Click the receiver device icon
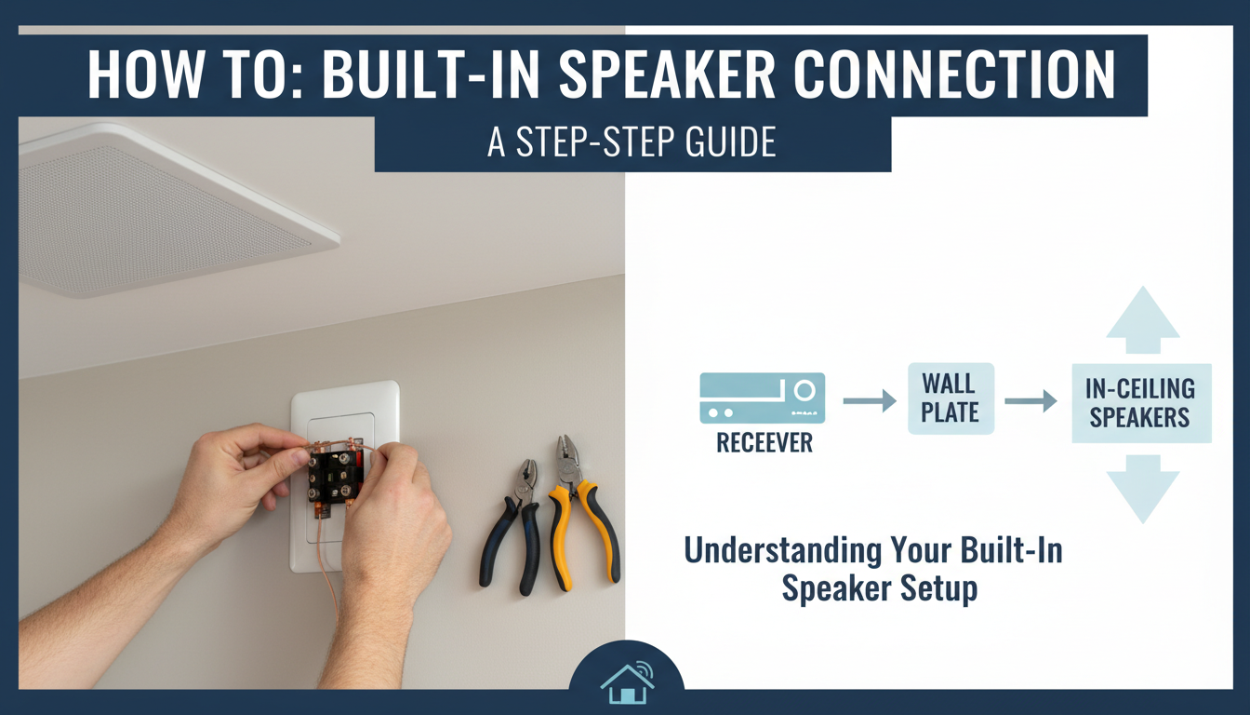(x=762, y=398)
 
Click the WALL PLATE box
(x=950, y=398)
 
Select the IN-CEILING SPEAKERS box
(x=1140, y=402)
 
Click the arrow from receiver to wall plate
(x=869, y=400)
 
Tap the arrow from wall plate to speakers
(x=1031, y=400)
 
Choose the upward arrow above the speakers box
(x=1143, y=319)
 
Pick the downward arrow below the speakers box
(x=1143, y=488)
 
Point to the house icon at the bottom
(x=626, y=683)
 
